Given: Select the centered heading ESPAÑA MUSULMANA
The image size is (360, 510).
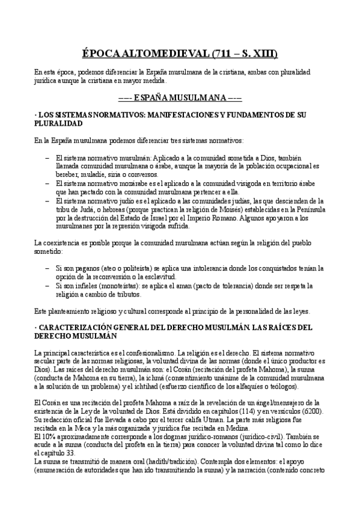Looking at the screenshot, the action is [x=180, y=96].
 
